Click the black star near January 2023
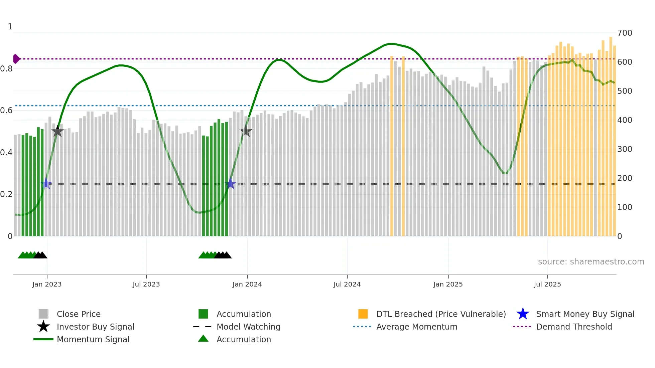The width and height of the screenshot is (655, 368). pos(57,132)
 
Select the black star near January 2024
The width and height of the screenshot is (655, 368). pos(246,131)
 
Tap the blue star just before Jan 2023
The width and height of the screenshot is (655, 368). pos(46,183)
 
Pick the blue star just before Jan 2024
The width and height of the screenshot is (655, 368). pos(230,183)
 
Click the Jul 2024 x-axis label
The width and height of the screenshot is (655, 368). pos(347,284)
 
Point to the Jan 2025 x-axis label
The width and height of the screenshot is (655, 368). pos(448,284)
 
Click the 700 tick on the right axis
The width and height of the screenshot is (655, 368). pos(625,33)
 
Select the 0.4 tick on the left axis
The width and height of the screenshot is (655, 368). pos(6,153)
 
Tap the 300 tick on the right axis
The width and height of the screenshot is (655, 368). pos(625,149)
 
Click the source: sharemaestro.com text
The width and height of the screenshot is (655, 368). pos(591,261)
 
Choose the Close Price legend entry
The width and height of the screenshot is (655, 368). pos(79,314)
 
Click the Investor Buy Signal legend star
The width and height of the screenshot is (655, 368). pos(43,327)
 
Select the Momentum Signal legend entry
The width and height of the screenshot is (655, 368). pos(93,339)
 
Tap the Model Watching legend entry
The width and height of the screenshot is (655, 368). pos(248,327)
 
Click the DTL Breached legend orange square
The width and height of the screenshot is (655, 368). pos(363,314)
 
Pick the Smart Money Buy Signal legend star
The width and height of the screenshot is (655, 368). pos(523,314)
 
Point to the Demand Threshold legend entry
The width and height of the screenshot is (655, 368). pos(574,327)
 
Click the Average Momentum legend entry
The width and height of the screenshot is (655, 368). pos(417,327)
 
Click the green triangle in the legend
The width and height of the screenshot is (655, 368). pos(203,339)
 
